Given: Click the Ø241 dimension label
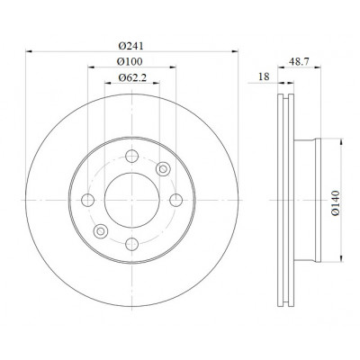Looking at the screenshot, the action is pyautogui.click(x=131, y=46).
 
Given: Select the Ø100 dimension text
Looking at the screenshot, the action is pyautogui.click(x=130, y=62).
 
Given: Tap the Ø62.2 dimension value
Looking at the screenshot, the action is pyautogui.click(x=132, y=78).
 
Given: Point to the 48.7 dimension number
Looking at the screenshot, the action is pyautogui.click(x=299, y=61).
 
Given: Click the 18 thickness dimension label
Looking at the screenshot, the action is pyautogui.click(x=264, y=76).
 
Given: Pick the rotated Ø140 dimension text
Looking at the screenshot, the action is pyautogui.click(x=336, y=202).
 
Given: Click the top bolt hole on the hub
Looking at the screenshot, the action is pyautogui.click(x=131, y=156).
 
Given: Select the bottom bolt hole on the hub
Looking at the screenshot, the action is pyautogui.click(x=131, y=244).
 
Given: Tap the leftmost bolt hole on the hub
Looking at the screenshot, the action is pyautogui.click(x=88, y=200).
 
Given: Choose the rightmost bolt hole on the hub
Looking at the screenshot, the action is pyautogui.click(x=175, y=200).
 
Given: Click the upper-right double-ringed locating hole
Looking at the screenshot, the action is pyautogui.click(x=163, y=169).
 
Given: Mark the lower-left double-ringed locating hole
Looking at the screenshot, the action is pyautogui.click(x=101, y=231).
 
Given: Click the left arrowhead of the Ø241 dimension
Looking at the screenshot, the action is pyautogui.click(x=29, y=51).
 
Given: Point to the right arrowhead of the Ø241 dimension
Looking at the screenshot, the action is pyautogui.click(x=235, y=51).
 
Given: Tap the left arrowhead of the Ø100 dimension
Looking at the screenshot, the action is pyautogui.click(x=91, y=67).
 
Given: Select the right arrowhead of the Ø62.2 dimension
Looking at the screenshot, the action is pyautogui.click(x=156, y=83).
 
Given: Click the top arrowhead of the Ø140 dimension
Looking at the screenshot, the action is pyautogui.click(x=341, y=141).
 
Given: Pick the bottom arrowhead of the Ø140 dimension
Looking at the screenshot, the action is pyautogui.click(x=341, y=258).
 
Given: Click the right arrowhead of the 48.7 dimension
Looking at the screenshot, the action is pyautogui.click(x=318, y=67).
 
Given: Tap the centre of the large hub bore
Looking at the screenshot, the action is pyautogui.click(x=131, y=200).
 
